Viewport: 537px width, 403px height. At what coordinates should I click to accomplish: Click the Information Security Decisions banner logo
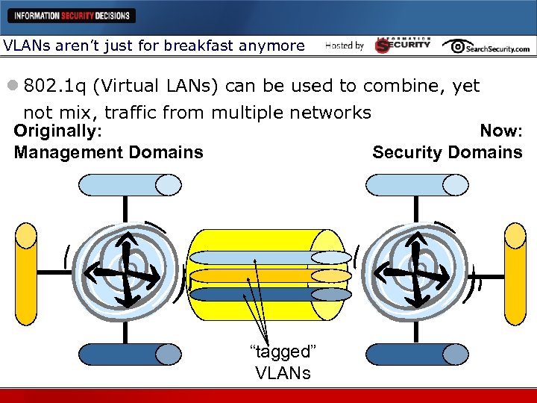click(72, 15)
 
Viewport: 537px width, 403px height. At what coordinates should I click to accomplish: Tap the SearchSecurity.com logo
click(486, 46)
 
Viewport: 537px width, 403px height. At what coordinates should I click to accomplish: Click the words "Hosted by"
click(345, 46)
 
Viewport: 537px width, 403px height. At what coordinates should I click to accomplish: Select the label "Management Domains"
click(108, 152)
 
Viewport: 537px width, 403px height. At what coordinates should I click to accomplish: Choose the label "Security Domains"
click(447, 152)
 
